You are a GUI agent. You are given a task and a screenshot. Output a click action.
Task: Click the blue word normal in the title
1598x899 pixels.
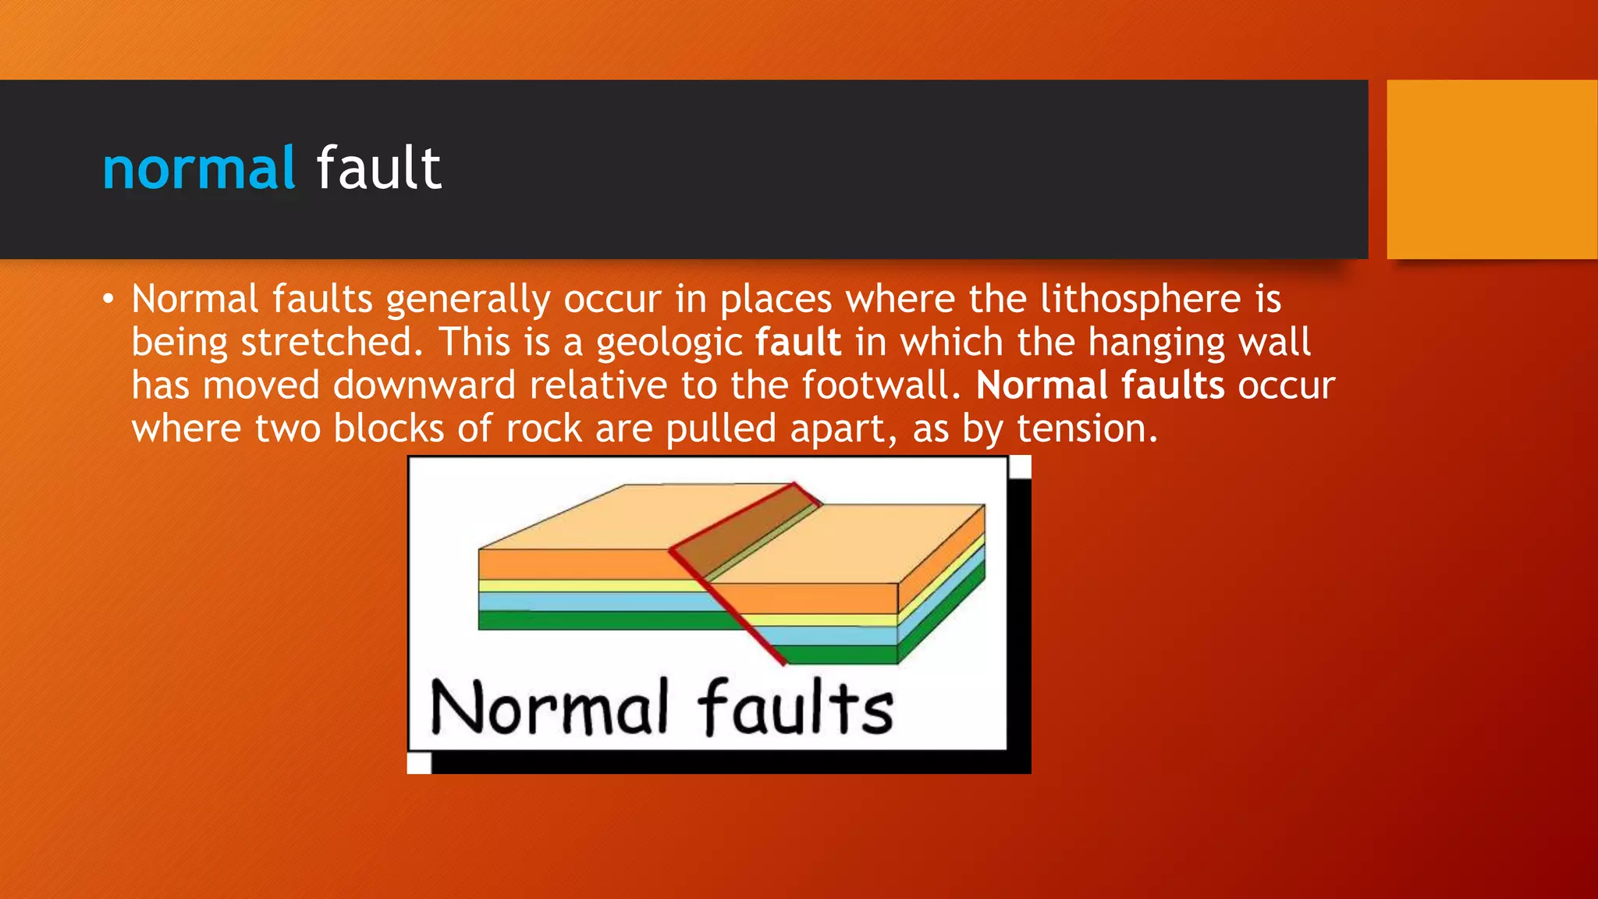coord(199,169)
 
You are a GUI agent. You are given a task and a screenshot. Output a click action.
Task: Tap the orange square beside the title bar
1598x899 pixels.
coord(1492,169)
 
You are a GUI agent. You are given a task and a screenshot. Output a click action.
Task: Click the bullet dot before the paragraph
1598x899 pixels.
coord(108,299)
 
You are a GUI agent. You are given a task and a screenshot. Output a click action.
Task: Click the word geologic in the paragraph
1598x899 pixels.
coord(669,343)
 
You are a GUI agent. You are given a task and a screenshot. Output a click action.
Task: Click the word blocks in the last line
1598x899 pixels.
coord(389,428)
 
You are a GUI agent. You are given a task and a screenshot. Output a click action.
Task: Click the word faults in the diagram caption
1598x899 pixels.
coord(796,707)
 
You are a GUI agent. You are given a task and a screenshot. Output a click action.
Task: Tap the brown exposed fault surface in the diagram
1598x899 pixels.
coord(741,531)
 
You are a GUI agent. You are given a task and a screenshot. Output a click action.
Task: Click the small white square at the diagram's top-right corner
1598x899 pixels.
coord(1020,467)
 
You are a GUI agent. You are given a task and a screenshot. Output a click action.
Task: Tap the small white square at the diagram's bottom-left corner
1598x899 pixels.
coord(419,762)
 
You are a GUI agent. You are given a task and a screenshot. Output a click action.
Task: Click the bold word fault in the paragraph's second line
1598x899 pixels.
coord(798,343)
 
